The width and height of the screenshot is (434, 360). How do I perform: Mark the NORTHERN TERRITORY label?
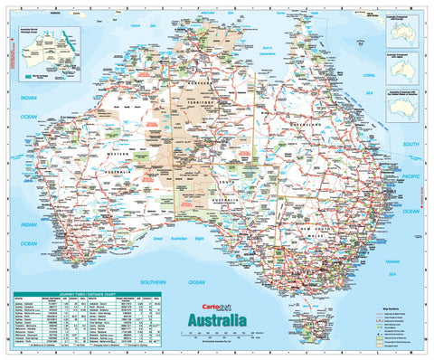196,102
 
